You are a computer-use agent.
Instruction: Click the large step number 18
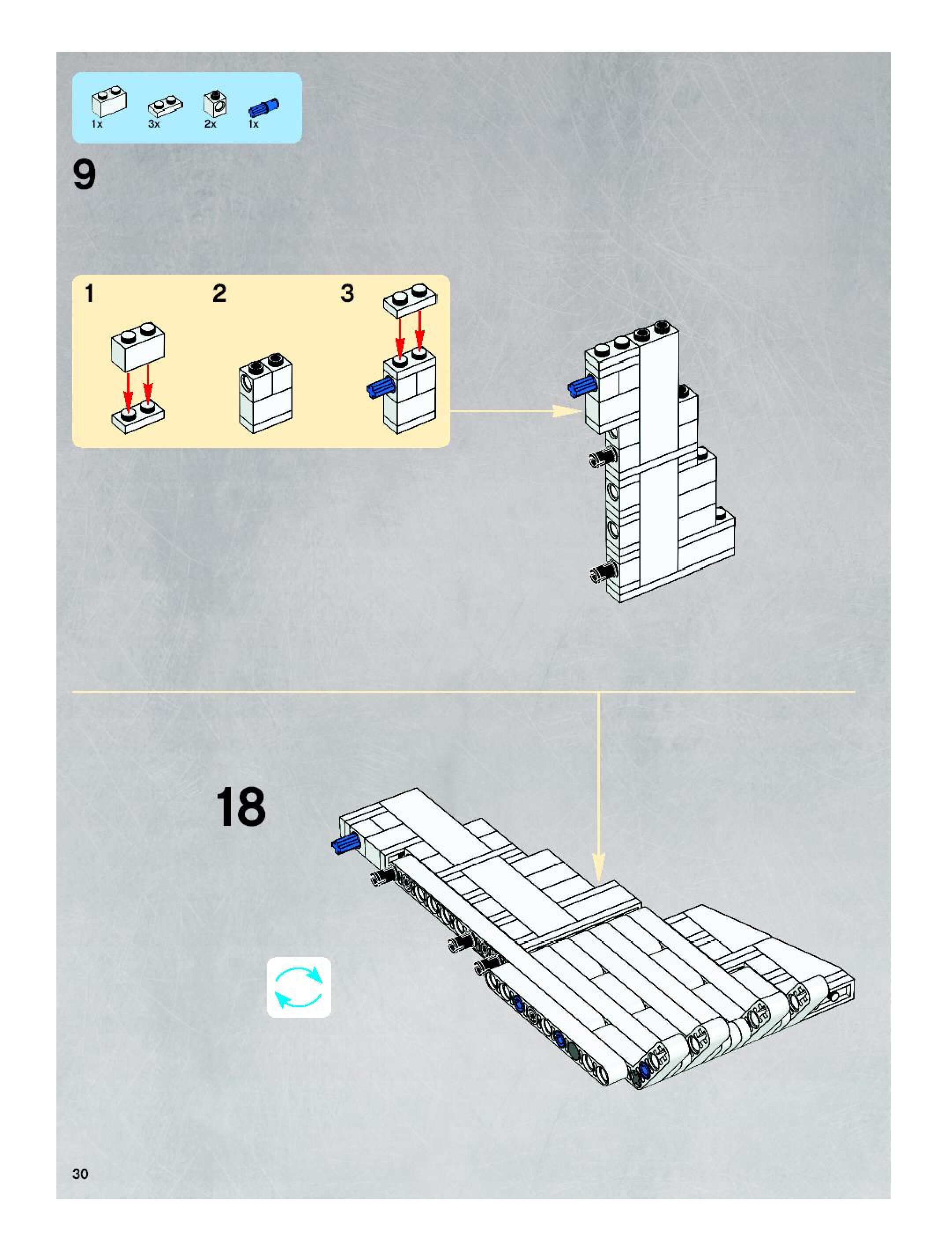point(241,807)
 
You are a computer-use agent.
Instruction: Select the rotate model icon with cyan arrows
point(299,987)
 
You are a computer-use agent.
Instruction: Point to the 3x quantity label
point(154,124)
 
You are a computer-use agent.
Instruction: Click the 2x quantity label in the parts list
point(211,124)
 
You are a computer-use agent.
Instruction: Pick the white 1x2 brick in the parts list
point(109,102)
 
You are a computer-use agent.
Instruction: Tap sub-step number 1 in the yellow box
point(89,294)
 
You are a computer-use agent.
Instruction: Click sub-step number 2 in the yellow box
point(219,294)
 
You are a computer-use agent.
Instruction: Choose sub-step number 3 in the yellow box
point(348,294)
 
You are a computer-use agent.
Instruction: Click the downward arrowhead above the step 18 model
point(599,870)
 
